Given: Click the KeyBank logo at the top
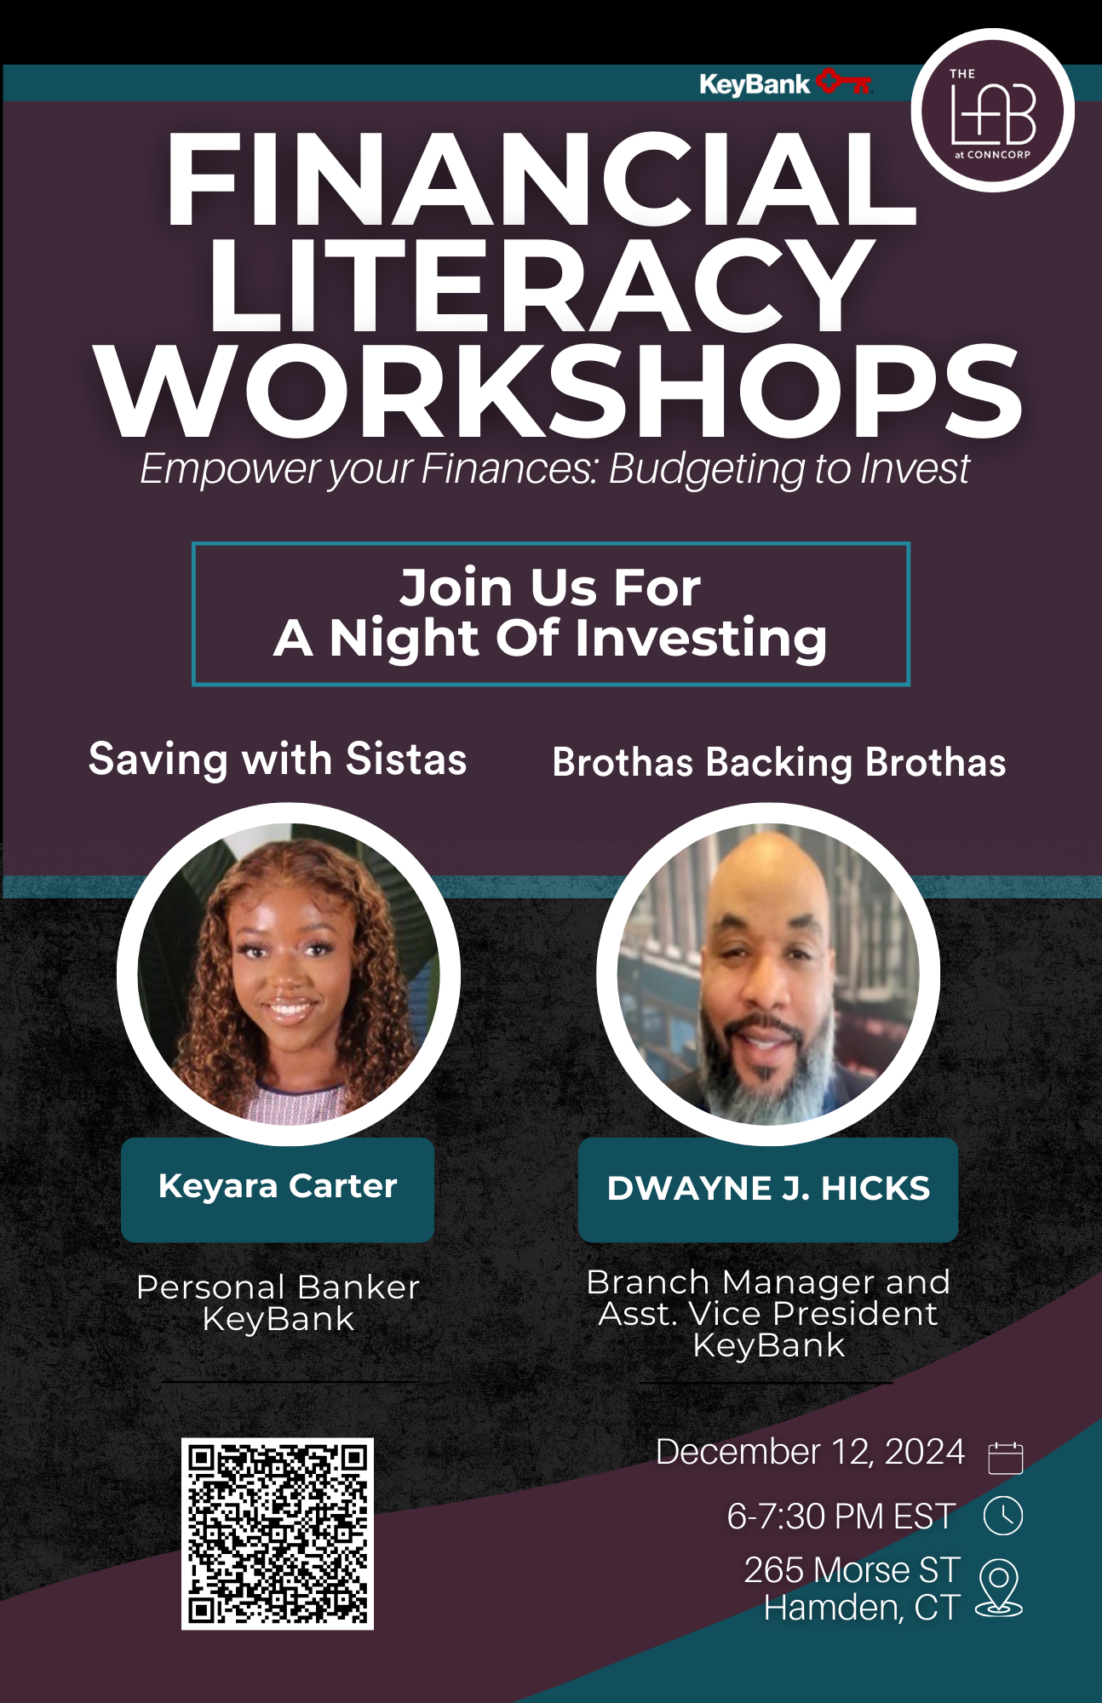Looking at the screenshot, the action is point(786,83).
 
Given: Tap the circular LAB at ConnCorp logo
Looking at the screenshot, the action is point(992,110).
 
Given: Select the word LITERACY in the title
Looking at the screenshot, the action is point(542,285).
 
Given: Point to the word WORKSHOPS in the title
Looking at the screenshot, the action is point(559,393).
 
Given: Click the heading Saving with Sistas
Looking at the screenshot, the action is point(278,760).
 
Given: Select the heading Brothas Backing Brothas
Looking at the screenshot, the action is point(779,763).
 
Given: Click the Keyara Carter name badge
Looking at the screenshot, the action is point(278,1189).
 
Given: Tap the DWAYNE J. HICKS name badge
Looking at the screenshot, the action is point(768,1190).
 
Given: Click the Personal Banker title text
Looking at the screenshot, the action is point(278,1287).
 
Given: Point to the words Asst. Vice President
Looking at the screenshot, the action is point(768,1314).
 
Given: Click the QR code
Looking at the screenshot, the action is point(278,1534).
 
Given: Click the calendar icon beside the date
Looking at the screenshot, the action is point(1005,1457).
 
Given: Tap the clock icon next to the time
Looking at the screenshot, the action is point(1003,1516).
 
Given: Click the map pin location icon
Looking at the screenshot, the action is point(999,1587).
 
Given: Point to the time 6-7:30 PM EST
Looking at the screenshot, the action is point(841,1517).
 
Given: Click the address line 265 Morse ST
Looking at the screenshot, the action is point(852,1570).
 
